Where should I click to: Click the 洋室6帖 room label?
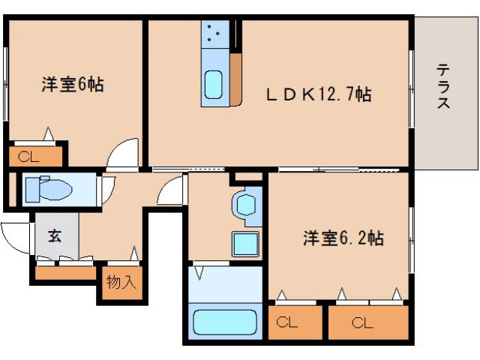click(72, 84)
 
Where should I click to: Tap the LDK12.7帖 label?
click(319, 95)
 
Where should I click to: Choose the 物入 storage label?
click(121, 283)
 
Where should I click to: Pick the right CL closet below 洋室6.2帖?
click(368, 322)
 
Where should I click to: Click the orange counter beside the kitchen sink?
click(235, 79)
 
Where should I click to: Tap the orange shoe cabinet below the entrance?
click(65, 272)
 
